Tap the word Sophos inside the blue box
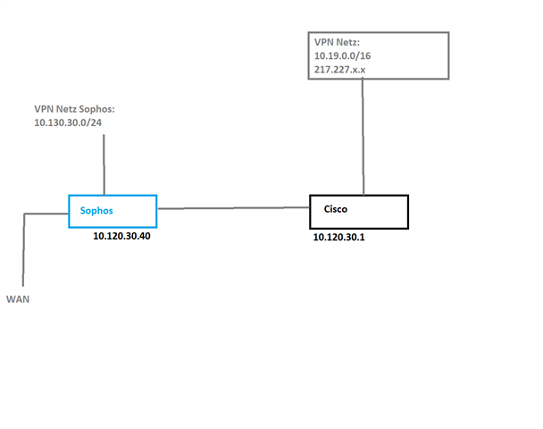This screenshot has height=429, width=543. [96, 211]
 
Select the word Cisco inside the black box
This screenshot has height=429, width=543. [336, 209]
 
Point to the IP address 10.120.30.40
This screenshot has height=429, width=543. [121, 236]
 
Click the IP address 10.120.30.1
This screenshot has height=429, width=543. [339, 237]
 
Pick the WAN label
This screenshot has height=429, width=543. [18, 299]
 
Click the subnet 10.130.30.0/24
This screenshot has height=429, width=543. [68, 122]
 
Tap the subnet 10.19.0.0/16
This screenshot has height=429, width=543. [342, 55]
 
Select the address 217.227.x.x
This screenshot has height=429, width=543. [339, 70]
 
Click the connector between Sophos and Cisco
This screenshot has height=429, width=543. [233, 208]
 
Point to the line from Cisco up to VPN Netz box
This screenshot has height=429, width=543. [363, 138]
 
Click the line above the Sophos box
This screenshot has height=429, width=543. [104, 164]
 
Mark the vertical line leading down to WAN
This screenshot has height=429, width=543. [23, 250]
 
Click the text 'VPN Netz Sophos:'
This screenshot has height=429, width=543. [74, 109]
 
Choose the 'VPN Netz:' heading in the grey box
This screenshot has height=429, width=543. [337, 42]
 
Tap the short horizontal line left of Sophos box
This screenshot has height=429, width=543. [46, 214]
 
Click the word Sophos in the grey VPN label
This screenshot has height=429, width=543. [96, 109]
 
